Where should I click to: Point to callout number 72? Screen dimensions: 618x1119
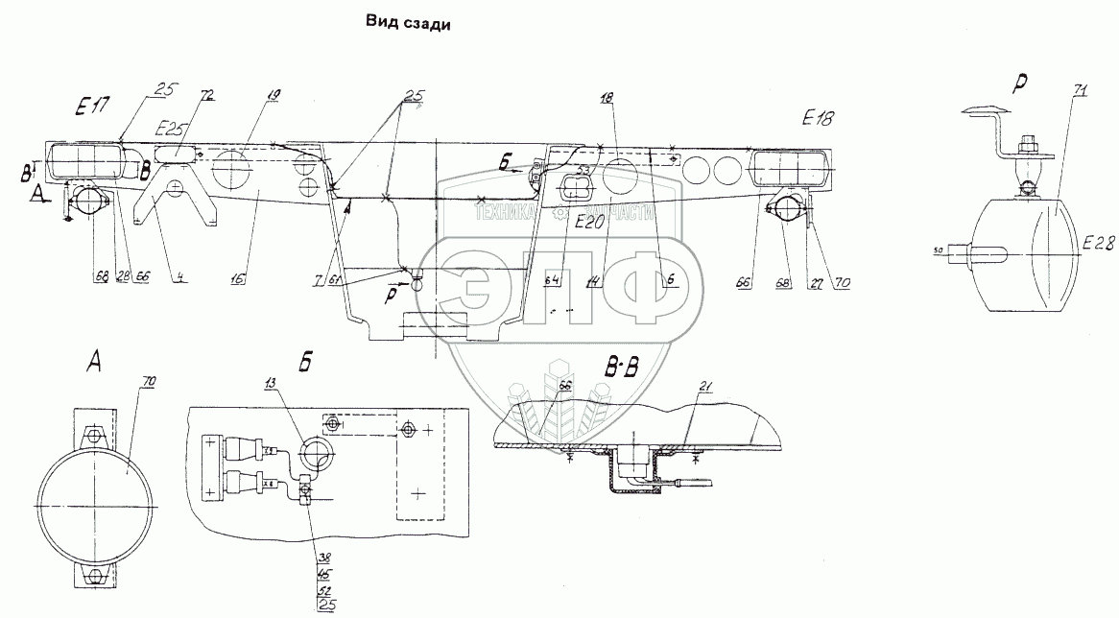point(206,98)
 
